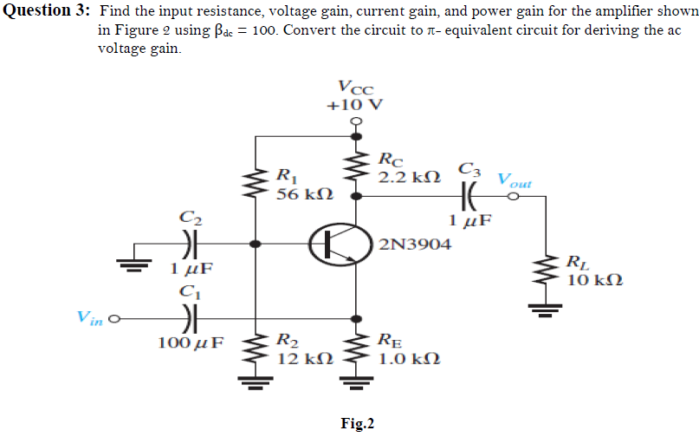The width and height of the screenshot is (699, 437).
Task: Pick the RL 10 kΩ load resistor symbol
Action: (547, 271)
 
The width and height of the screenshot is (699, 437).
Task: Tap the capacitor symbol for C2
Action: (190, 244)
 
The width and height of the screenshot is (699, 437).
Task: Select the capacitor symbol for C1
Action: (190, 317)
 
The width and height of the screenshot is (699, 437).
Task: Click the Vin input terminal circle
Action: (113, 317)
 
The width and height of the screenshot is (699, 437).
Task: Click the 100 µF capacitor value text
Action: (190, 342)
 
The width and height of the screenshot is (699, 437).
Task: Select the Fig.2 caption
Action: (357, 423)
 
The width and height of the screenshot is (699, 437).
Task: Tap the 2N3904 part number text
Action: (416, 245)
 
